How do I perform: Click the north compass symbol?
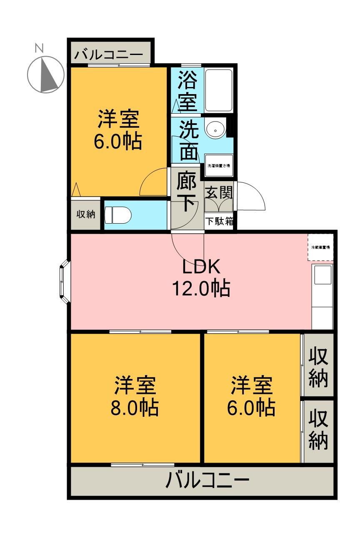point(46,74)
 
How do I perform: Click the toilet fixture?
point(118,216)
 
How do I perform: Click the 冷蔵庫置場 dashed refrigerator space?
point(320,248)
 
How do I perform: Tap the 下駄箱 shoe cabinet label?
point(219,221)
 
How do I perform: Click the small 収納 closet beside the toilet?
point(85,214)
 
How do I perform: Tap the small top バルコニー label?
point(109,54)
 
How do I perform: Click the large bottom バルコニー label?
point(207,481)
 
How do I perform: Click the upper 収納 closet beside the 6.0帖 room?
point(318,366)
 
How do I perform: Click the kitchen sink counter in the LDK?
point(322,296)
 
